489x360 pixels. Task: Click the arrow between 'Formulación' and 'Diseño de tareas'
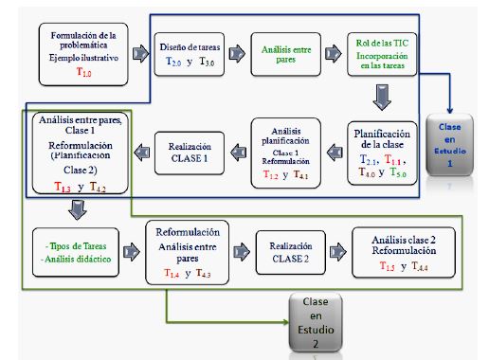coord(137,54)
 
